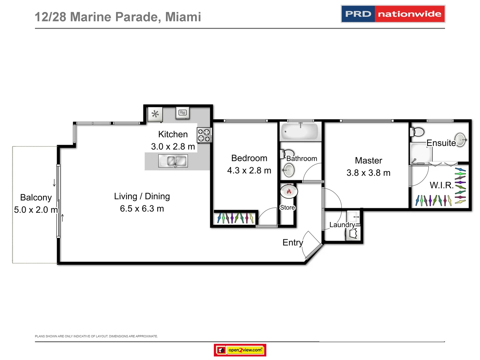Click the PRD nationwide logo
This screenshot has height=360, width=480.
(x=393, y=14)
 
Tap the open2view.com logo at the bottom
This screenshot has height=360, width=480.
(x=240, y=350)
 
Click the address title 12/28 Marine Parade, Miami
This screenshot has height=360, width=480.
(x=118, y=17)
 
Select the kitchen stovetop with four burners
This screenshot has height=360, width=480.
(x=204, y=135)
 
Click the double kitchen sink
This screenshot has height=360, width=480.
(x=173, y=161)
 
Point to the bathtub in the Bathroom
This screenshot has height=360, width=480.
(x=300, y=132)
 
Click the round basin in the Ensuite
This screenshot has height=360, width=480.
(x=460, y=139)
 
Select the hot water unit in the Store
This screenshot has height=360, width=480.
(x=289, y=191)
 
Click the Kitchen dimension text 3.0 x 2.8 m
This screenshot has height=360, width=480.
(x=173, y=147)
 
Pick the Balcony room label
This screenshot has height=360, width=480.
(x=36, y=198)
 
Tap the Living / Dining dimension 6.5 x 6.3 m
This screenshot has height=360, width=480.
(x=142, y=209)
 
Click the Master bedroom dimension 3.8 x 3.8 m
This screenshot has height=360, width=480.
(x=368, y=173)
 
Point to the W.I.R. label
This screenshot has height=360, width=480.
(x=441, y=185)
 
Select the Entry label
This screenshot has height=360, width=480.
(x=293, y=243)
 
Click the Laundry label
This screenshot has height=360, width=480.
(x=342, y=225)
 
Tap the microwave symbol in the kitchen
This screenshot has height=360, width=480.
(x=183, y=113)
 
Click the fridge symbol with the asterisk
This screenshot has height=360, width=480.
(x=155, y=114)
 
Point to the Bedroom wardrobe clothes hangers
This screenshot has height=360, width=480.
(x=235, y=218)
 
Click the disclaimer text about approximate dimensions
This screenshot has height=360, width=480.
(x=96, y=336)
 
